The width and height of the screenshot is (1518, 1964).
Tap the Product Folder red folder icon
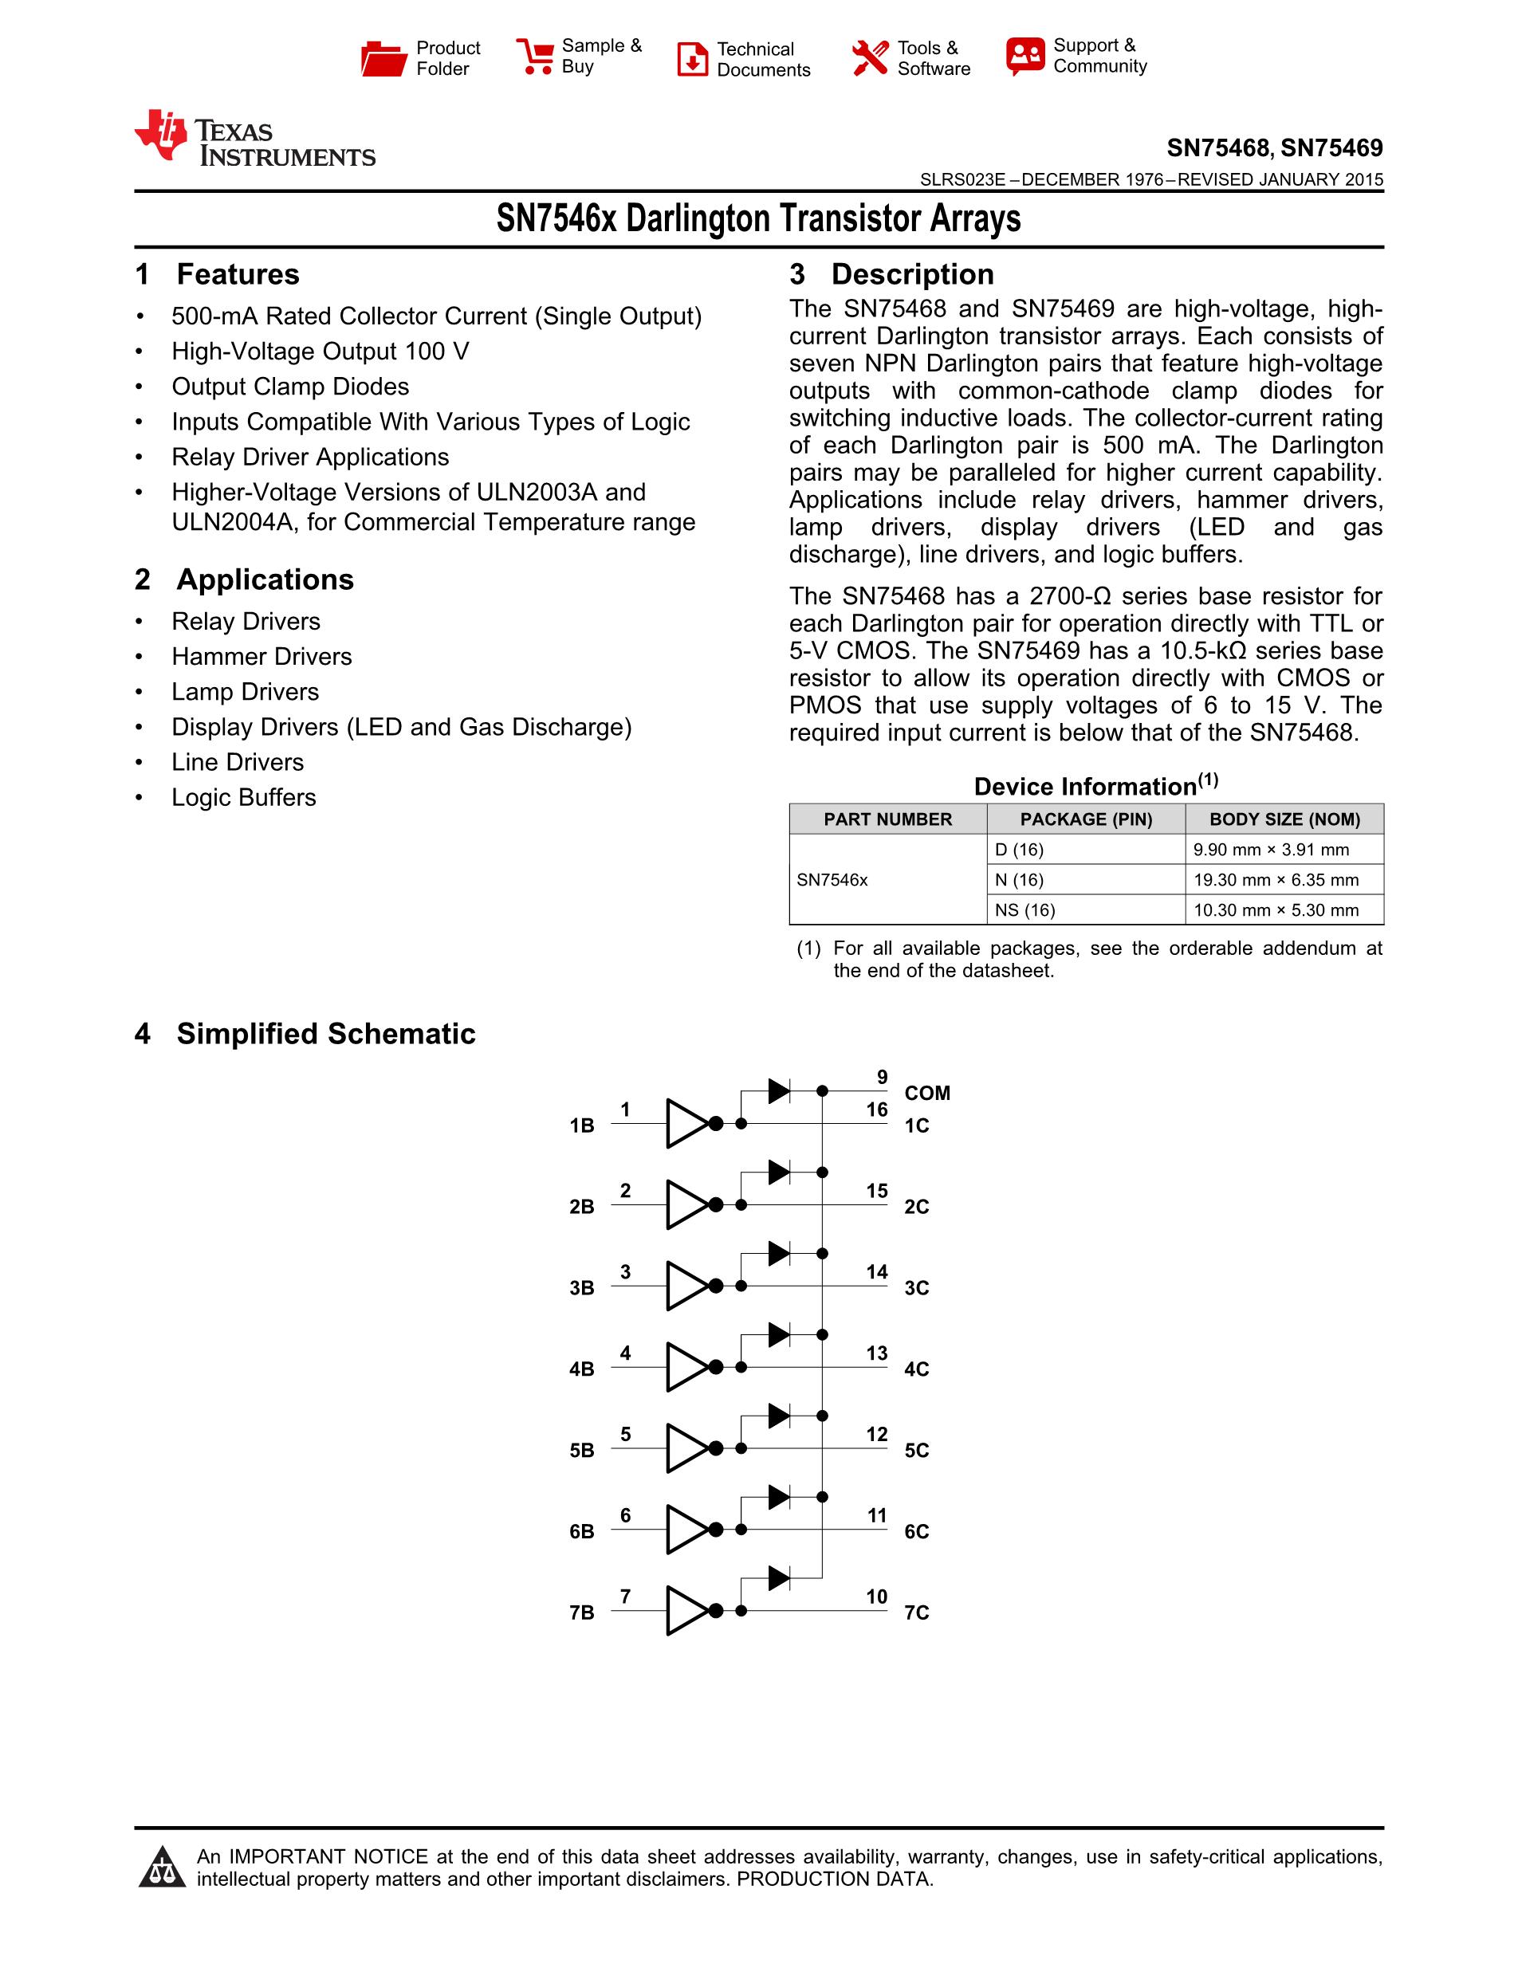pos(383,58)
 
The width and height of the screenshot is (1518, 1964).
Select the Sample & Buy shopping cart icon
pos(536,57)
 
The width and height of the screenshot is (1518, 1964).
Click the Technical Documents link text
pos(763,59)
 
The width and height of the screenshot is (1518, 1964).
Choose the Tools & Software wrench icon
pos(870,58)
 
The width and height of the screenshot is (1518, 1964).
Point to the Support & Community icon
pos(1025,57)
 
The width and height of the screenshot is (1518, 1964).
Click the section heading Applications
pos(265,580)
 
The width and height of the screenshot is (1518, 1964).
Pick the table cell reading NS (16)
pos(1024,910)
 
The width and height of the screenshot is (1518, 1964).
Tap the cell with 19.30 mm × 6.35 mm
pos(1275,879)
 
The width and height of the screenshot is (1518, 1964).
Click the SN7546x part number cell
pos(832,879)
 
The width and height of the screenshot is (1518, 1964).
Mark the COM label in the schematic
pos(927,1093)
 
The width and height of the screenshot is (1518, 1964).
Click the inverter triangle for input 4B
pos(687,1367)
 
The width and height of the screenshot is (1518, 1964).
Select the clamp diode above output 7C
pos(779,1577)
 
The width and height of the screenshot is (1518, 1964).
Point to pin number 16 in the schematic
pos(877,1110)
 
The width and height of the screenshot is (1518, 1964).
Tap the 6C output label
pos(916,1531)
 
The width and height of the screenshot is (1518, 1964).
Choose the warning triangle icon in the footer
pos(162,1867)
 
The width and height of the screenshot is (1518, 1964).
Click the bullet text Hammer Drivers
pos(262,657)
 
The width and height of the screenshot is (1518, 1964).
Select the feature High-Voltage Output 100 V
pos(321,352)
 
